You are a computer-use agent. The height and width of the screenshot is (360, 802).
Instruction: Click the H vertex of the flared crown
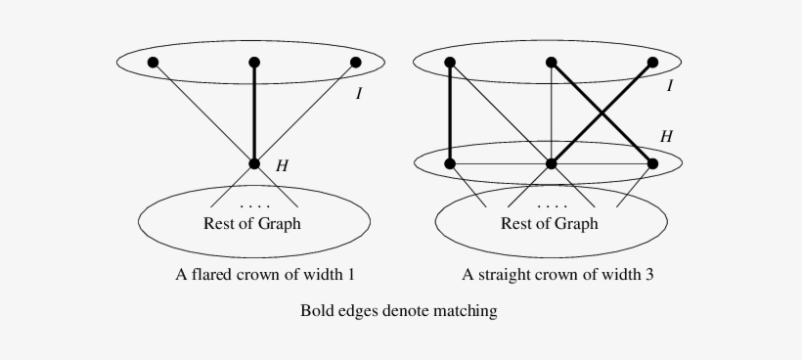pos(254,164)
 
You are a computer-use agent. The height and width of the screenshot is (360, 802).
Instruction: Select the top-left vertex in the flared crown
pos(153,63)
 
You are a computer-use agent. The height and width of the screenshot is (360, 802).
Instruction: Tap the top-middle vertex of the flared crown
pos(254,63)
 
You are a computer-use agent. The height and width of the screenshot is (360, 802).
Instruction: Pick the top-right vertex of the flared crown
pos(356,63)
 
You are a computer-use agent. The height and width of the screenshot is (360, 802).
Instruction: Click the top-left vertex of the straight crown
pos(450,63)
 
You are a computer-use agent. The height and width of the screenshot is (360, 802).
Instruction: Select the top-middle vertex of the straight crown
pos(552,63)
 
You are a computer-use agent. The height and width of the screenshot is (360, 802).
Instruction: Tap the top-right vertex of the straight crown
pos(653,63)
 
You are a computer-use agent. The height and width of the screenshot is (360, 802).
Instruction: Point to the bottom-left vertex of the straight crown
pos(450,163)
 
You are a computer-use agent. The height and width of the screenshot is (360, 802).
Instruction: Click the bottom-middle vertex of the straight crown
pos(552,163)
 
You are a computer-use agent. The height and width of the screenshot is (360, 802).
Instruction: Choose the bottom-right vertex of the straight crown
pos(653,163)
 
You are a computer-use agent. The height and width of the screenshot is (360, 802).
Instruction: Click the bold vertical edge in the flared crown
pos(254,112)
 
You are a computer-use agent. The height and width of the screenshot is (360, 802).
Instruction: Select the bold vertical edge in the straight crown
pos(450,112)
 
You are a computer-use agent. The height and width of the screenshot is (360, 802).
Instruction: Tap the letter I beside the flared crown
pos(358,95)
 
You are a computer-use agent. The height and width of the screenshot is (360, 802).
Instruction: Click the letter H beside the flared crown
pos(282,166)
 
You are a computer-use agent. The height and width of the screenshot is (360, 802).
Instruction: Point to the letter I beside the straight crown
pos(669,86)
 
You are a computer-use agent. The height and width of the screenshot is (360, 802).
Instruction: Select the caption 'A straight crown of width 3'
pos(557,275)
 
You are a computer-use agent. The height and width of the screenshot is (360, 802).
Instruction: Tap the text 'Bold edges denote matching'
pos(398,311)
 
